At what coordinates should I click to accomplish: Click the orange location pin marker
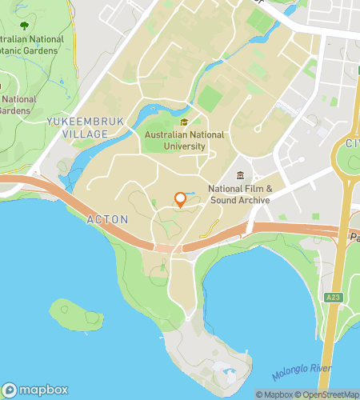click(x=180, y=200)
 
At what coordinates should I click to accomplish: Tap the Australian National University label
click(x=184, y=141)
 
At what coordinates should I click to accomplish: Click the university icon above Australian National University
click(x=184, y=122)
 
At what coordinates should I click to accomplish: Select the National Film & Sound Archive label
click(x=240, y=194)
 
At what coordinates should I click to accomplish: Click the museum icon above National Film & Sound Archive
click(x=240, y=175)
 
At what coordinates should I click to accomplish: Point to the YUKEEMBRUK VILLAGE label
click(x=77, y=126)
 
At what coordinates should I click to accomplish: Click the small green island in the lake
click(x=76, y=313)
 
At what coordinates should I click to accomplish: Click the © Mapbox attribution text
click(x=274, y=394)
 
